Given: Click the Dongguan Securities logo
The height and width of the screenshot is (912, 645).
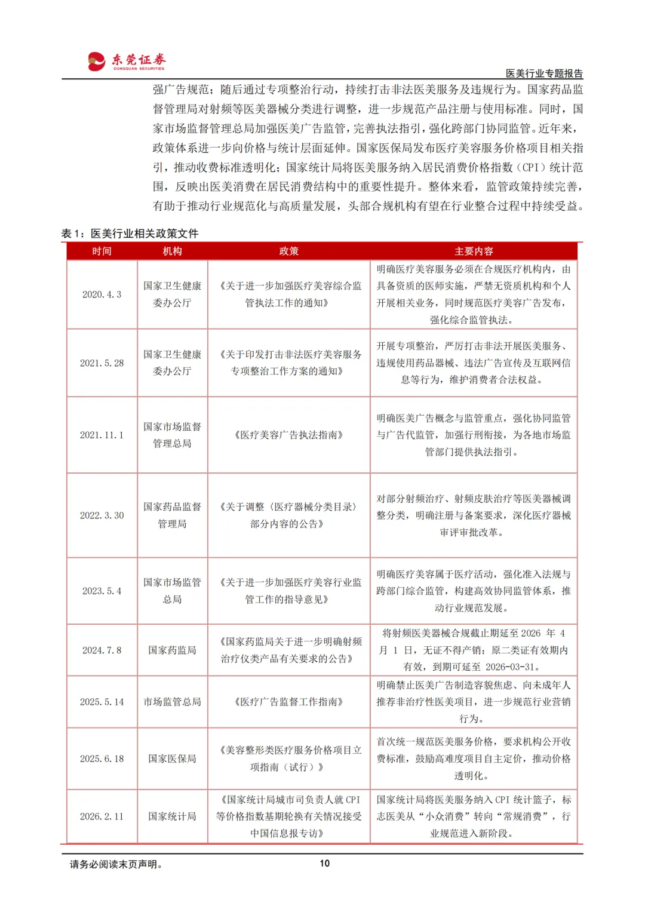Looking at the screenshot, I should click(127, 61).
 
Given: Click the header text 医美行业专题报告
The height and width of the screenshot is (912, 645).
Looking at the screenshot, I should click(543, 73).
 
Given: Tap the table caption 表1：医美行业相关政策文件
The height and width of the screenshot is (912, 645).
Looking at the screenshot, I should click(130, 234).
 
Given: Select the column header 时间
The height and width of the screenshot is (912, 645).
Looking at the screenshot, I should click(102, 251).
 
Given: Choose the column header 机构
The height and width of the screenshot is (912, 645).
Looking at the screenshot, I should click(172, 251).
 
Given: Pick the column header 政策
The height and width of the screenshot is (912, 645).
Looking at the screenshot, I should click(288, 251).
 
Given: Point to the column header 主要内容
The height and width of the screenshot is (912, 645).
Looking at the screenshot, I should click(473, 251).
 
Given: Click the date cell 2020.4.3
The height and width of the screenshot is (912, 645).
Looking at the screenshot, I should click(102, 294).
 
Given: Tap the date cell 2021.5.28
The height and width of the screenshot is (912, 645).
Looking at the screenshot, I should click(102, 363).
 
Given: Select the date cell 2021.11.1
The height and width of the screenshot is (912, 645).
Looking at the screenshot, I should click(102, 435).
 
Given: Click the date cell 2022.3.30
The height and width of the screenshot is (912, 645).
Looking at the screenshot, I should click(102, 515).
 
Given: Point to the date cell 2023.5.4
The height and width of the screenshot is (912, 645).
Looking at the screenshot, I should click(102, 591).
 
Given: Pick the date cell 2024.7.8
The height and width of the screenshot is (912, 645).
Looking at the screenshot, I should click(102, 650).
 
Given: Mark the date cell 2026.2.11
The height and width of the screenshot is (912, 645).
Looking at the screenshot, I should click(102, 816).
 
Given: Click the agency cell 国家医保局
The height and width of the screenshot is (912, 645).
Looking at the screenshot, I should click(172, 759).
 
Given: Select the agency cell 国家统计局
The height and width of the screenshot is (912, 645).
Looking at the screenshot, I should click(172, 816).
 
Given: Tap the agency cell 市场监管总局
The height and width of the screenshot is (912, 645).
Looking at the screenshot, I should click(172, 702).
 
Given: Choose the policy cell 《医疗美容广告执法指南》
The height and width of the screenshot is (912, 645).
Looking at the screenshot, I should click(288, 435).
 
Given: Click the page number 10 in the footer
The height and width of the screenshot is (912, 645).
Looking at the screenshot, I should click(324, 863).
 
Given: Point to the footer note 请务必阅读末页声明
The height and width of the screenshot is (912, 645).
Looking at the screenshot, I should click(116, 864).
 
